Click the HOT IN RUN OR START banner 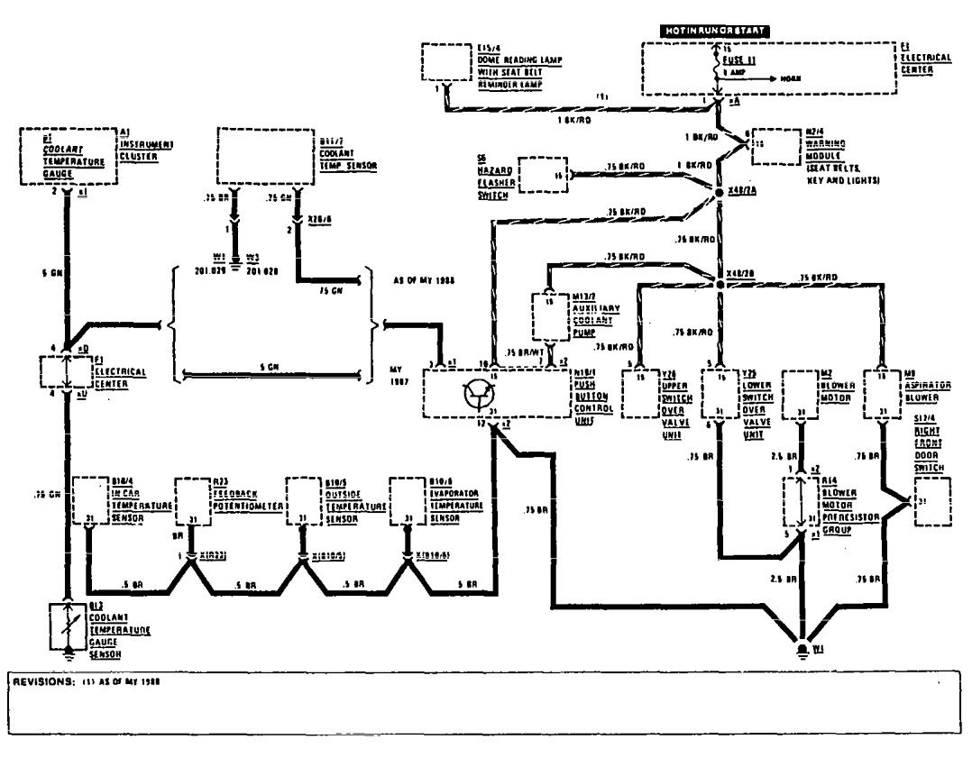click(x=716, y=31)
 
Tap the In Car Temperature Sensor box click(x=89, y=500)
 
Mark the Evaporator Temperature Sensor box click(x=407, y=500)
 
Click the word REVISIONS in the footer click(x=40, y=681)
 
